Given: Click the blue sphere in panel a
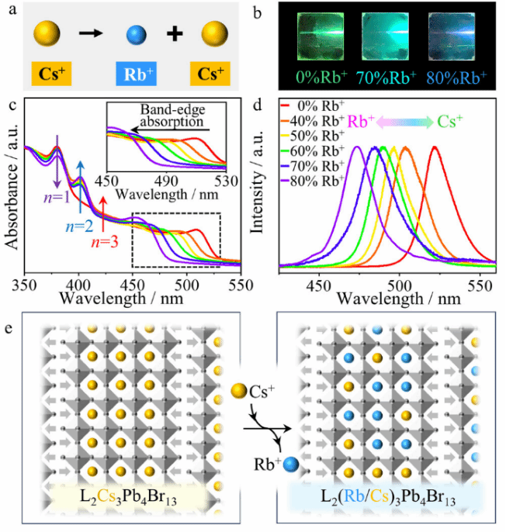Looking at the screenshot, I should click(x=137, y=35).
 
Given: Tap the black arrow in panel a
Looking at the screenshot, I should click(x=91, y=34).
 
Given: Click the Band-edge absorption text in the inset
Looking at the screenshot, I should click(x=173, y=116).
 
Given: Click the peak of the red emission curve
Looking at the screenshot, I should click(x=435, y=147).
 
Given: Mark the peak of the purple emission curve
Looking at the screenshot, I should click(x=358, y=147).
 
